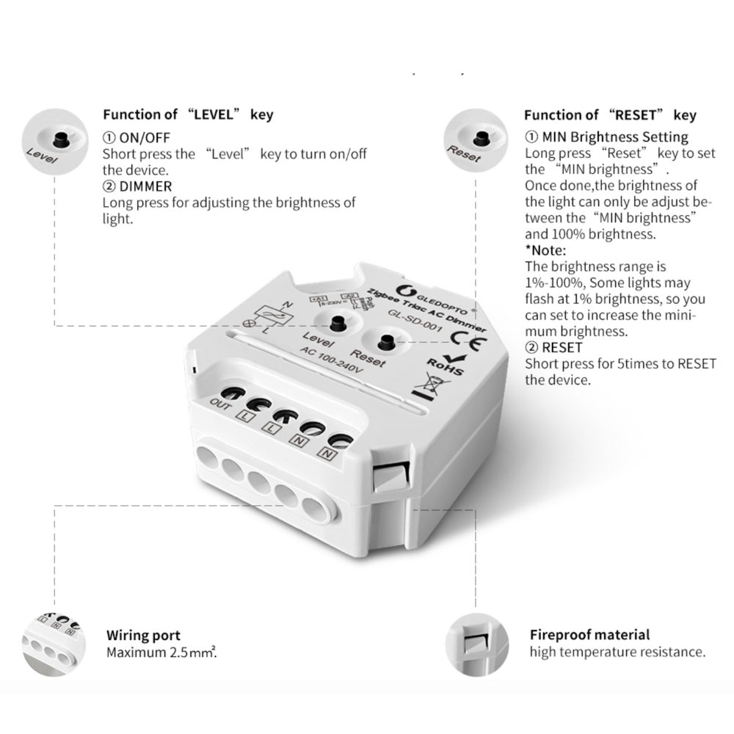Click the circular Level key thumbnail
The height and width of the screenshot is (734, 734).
54,137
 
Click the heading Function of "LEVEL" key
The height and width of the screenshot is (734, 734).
187,115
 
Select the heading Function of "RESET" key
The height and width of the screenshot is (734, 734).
610,115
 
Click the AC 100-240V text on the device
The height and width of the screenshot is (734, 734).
333,360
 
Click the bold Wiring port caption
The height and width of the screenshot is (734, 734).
143,636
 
